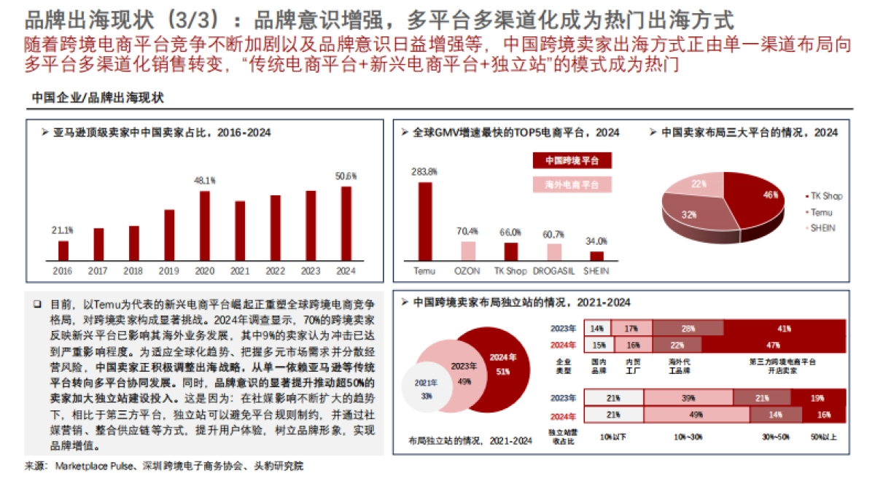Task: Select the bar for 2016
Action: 63,250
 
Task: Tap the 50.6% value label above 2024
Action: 346,176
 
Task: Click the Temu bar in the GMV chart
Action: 424,221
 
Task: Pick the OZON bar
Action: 467,251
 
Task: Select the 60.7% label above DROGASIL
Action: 554,235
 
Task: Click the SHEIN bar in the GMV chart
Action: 596,256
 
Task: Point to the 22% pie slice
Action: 699,185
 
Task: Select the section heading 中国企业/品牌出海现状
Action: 98,98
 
